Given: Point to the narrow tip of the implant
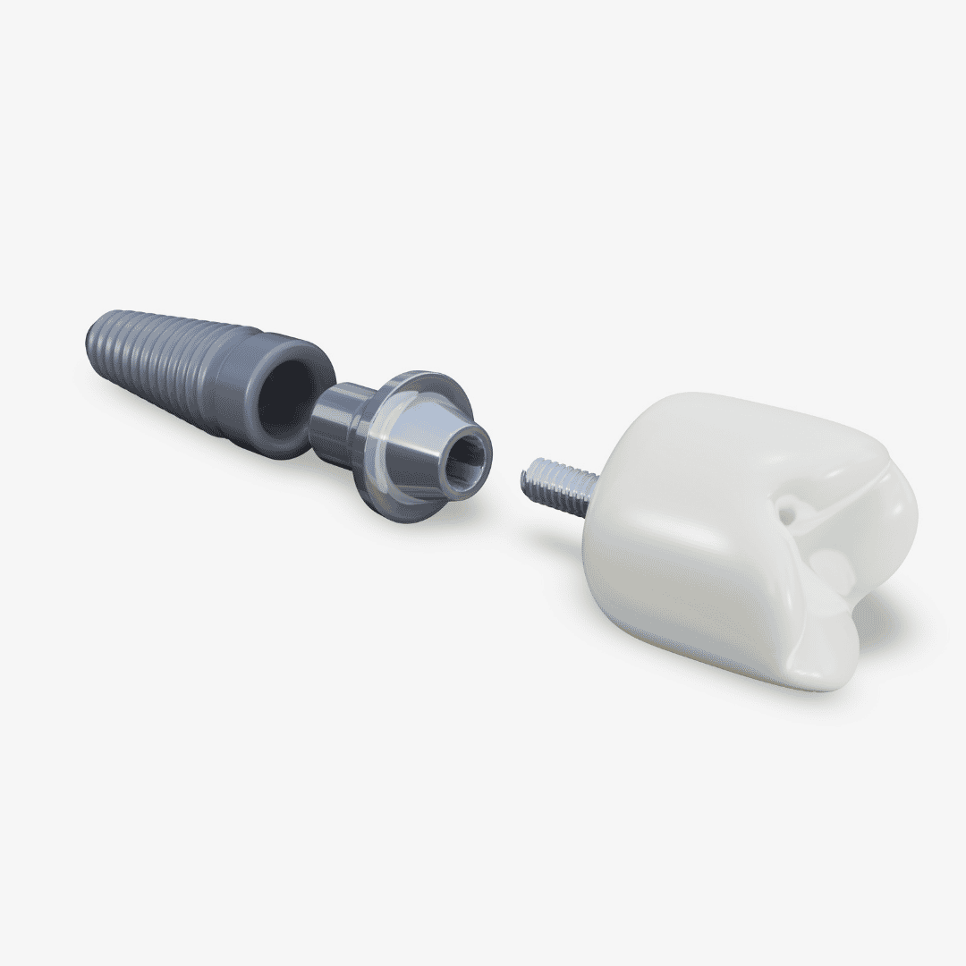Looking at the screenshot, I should coord(93,335).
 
